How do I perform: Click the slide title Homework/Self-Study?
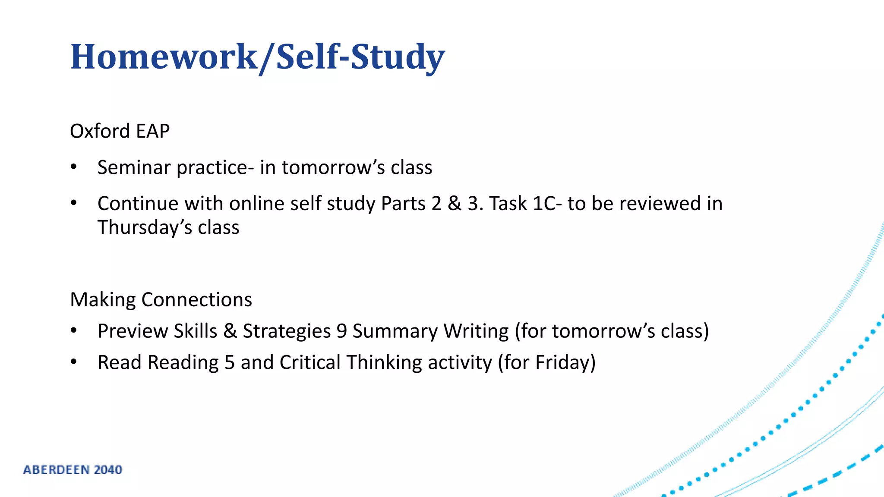click(x=257, y=57)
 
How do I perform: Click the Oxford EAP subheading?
click(x=120, y=131)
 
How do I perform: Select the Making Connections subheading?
click(x=161, y=299)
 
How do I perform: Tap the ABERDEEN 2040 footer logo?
click(x=73, y=469)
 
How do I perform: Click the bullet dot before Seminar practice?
click(x=74, y=167)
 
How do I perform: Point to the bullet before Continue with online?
click(x=74, y=203)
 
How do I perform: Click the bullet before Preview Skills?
click(x=74, y=331)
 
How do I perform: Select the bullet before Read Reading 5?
click(x=74, y=362)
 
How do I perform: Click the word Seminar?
click(x=134, y=167)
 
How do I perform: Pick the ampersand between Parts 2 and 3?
click(x=455, y=204)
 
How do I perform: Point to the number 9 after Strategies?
click(x=341, y=331)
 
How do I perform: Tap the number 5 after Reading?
click(x=230, y=362)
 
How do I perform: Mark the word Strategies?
click(x=287, y=331)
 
